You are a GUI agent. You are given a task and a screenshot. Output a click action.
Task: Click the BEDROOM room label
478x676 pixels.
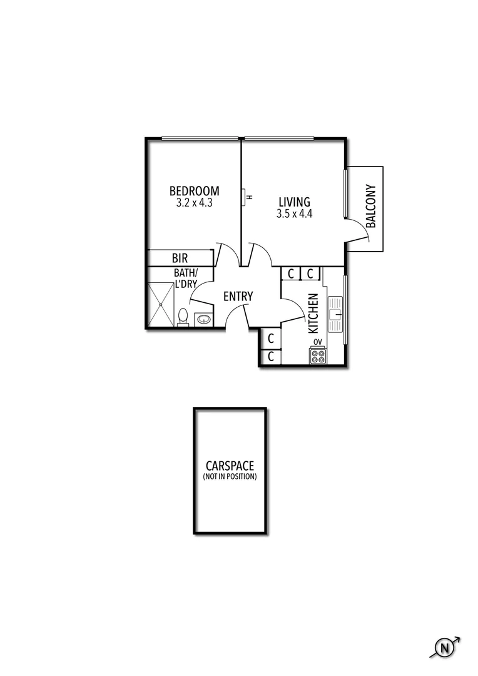194,191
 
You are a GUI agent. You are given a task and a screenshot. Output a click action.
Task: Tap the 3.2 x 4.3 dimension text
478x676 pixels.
195,203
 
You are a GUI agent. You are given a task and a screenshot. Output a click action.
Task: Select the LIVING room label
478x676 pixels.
294,202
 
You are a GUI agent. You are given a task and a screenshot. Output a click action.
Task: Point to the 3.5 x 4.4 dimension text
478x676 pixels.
294,213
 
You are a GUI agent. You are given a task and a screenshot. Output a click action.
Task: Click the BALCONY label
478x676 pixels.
370,206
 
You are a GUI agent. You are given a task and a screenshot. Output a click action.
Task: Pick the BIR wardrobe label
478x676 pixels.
180,258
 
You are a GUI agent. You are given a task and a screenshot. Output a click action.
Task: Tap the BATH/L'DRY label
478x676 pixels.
185,278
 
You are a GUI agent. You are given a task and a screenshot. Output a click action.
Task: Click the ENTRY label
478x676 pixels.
238,296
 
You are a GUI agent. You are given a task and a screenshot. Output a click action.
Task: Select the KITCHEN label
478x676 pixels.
313,313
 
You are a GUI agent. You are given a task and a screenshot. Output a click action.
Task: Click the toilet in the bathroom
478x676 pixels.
183,317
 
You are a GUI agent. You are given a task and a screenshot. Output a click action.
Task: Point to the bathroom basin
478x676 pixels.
203,319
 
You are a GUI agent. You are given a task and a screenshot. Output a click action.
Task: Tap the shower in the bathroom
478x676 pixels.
161,305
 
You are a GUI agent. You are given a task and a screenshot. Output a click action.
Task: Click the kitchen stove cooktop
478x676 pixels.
318,356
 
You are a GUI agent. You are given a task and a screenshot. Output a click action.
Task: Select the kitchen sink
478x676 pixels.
335,314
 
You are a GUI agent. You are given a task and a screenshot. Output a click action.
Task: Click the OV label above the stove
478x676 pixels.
318,342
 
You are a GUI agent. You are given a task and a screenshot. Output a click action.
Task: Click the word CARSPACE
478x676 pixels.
230,466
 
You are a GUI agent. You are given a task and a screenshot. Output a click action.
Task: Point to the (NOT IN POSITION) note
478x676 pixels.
230,477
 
